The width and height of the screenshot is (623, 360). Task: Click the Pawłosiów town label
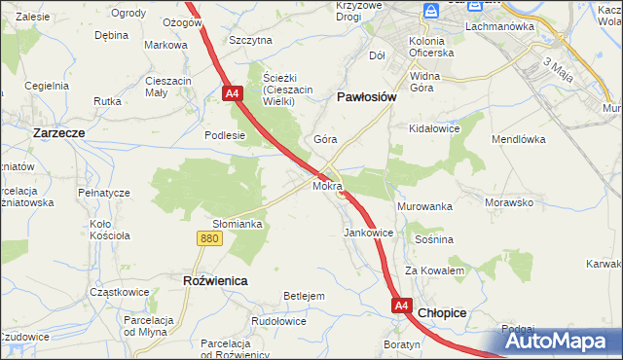tap(366, 97)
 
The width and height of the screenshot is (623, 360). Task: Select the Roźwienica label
tap(215, 280)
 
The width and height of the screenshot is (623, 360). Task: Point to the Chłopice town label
tap(443, 313)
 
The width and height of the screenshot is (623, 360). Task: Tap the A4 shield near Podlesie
tap(232, 94)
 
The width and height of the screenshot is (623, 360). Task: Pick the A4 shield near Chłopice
tap(402, 306)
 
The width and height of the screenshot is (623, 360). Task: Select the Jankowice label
tap(369, 234)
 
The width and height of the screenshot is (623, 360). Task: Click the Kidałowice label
tap(434, 128)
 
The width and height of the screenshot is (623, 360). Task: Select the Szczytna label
tap(250, 40)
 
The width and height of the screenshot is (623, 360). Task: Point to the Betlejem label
tap(303, 296)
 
